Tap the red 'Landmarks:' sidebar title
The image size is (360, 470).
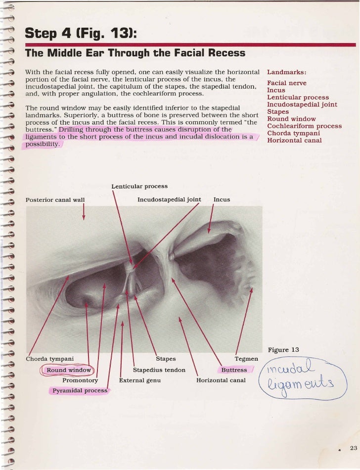click(x=286, y=72)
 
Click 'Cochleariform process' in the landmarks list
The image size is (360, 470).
click(x=304, y=126)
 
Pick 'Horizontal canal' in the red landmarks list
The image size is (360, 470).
click(x=294, y=141)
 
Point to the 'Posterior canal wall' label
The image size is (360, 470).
click(x=55, y=200)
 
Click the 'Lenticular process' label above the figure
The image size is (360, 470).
click(x=139, y=187)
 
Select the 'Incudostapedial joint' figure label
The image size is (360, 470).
click(x=169, y=200)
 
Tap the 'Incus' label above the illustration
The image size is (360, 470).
click(x=222, y=200)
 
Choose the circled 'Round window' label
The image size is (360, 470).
click(x=69, y=370)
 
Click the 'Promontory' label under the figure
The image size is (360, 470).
click(x=80, y=380)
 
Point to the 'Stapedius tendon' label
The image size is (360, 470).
click(x=159, y=370)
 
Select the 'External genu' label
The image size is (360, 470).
click(x=140, y=380)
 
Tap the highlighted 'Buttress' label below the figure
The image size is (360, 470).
click(x=234, y=370)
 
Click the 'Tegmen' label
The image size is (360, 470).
click(x=246, y=359)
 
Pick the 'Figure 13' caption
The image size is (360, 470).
click(x=283, y=350)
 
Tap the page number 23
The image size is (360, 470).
click(x=353, y=448)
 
